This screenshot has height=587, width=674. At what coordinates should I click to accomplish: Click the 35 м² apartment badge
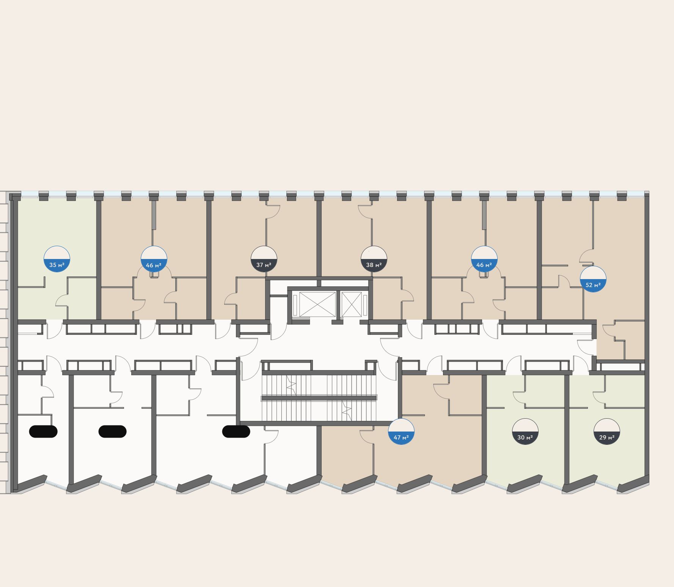(x=57, y=259)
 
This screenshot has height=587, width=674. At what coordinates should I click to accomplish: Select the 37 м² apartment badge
(x=264, y=259)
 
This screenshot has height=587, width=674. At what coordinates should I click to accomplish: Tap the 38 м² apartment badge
(x=374, y=259)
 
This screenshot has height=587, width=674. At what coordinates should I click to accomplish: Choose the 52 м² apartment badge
(x=593, y=279)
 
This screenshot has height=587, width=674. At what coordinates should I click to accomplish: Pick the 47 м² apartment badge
(x=401, y=432)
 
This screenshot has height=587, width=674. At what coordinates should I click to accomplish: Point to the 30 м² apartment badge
(x=525, y=432)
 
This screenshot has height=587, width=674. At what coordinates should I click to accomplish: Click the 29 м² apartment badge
(x=607, y=432)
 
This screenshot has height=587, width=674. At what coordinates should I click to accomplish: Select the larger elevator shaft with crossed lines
(x=317, y=304)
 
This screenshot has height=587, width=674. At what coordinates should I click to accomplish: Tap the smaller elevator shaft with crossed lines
(x=352, y=304)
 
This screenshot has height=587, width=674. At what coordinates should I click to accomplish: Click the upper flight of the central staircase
(x=319, y=385)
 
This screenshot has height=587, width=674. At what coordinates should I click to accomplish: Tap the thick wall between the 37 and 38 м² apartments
(x=319, y=239)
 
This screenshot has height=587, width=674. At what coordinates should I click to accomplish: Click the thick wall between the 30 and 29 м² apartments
(x=567, y=428)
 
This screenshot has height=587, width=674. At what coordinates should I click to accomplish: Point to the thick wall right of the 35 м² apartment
(x=99, y=258)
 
